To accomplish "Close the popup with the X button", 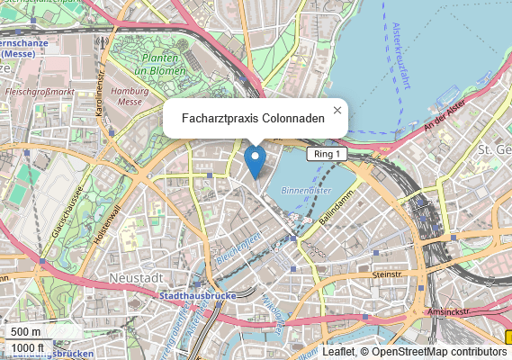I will coord(337,110).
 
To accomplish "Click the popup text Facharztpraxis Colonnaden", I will coord(253,118).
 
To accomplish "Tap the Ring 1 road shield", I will coord(327,155).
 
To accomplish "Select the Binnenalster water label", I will coord(306,191).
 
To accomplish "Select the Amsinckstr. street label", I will coord(449,310).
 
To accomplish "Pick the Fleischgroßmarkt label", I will coord(39,92).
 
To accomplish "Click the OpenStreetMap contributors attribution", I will coord(439,352).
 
